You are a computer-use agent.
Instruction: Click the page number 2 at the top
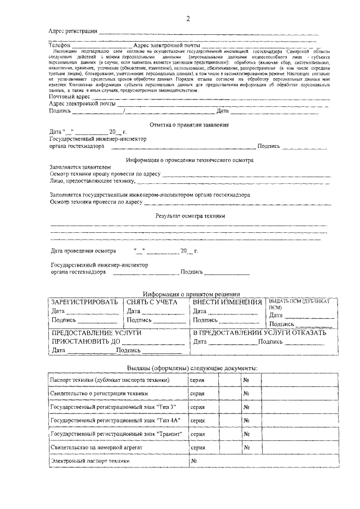(188, 19)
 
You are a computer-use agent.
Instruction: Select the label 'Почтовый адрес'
(69, 97)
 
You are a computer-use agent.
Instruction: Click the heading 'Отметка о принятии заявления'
(189, 124)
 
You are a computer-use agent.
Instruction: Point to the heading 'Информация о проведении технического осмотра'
(190, 160)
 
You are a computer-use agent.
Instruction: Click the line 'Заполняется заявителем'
(80, 167)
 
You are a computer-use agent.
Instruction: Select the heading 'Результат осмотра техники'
(190, 215)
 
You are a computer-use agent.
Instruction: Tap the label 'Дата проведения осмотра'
(83, 250)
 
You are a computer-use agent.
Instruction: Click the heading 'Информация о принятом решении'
(191, 294)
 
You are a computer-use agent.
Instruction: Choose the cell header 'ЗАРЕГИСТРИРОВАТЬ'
(84, 302)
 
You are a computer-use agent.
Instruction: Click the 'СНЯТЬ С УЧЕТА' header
(152, 302)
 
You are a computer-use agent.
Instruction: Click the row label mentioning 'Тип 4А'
(112, 420)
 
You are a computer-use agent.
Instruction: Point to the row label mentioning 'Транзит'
(115, 434)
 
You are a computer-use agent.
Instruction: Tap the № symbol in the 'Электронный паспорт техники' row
(193, 461)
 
